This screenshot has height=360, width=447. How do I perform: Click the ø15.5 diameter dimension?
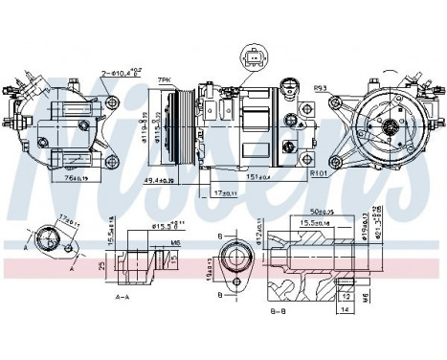168,226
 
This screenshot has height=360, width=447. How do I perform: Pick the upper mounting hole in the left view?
115,102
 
